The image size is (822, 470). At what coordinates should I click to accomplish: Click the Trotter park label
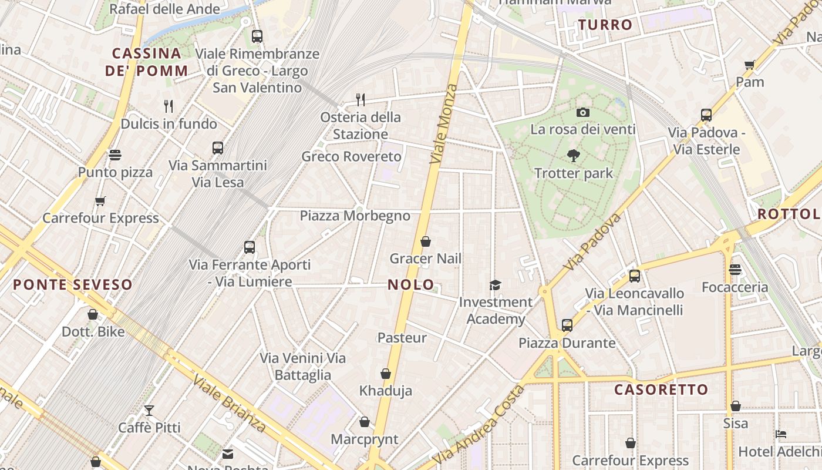click(x=573, y=173)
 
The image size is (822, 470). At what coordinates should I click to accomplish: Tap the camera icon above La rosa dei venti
click(x=582, y=112)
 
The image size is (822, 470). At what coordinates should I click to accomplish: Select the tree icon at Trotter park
click(x=574, y=156)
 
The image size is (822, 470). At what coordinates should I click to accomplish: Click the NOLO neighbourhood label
click(x=410, y=285)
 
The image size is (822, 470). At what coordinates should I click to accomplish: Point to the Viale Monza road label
click(x=443, y=123)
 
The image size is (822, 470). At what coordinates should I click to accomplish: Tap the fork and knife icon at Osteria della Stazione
click(x=361, y=99)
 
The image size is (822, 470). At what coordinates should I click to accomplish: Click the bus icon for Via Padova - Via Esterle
click(x=706, y=115)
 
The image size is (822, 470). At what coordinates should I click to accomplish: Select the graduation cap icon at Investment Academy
click(x=496, y=285)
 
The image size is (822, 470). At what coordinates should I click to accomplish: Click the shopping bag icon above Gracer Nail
click(x=426, y=241)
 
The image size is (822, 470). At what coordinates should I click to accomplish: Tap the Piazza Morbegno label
click(x=355, y=216)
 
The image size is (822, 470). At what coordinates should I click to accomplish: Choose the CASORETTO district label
click(x=661, y=390)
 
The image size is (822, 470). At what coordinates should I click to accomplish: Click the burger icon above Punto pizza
click(x=115, y=155)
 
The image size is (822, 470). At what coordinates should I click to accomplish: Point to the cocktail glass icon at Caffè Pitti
click(x=149, y=410)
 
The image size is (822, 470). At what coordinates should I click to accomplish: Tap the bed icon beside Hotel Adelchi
click(x=781, y=434)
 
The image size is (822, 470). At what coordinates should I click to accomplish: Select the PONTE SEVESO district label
click(x=73, y=285)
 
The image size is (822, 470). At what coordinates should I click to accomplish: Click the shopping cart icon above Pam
click(x=749, y=65)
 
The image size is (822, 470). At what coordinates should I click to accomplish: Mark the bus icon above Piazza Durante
click(x=567, y=325)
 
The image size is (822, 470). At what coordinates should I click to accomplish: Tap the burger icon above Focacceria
click(x=735, y=270)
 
